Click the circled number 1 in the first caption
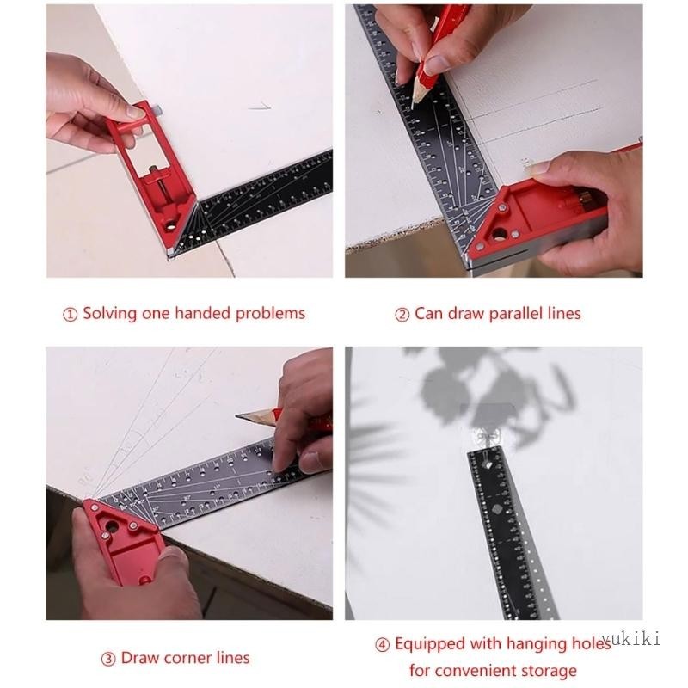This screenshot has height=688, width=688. tap(71, 314)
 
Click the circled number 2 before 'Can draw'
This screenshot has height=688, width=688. tap(402, 314)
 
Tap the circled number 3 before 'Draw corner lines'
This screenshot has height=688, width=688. tap(108, 660)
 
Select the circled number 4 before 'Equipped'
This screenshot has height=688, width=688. tap(383, 645)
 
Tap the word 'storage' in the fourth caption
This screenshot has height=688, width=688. tap(545, 670)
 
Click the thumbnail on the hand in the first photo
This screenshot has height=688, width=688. tap(135, 112)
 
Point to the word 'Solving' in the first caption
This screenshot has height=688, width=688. tap(111, 313)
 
